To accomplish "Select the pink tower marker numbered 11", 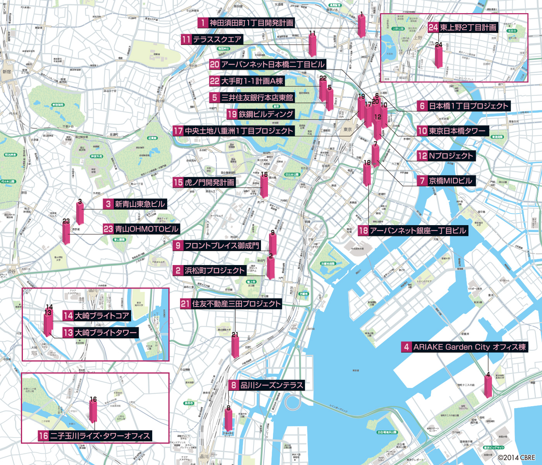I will pos(312,46).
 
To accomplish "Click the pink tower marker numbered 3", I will pos(80,214).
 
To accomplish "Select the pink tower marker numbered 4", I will pos(488,386).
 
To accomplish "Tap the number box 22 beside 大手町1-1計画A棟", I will pos(214,81).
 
